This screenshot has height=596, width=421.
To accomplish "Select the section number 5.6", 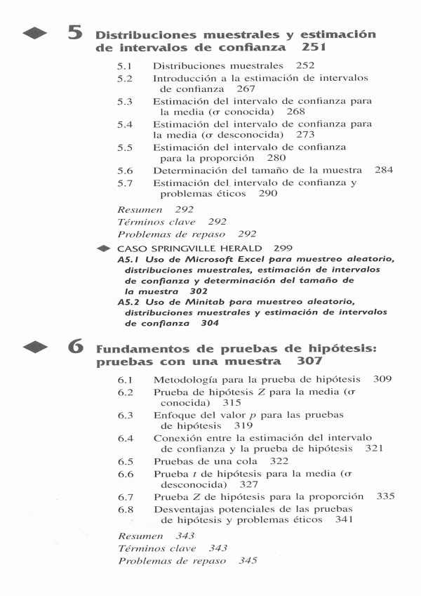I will (x=126, y=171).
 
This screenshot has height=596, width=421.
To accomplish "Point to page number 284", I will (x=384, y=171).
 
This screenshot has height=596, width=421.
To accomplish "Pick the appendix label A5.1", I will (x=130, y=260).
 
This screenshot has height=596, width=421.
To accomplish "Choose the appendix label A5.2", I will (x=130, y=301).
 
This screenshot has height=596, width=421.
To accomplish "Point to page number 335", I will (x=386, y=496).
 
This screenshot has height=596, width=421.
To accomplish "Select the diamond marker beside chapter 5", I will (x=37, y=33).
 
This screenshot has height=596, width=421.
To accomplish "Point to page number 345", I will (x=248, y=561).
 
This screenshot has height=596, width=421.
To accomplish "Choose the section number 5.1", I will (x=126, y=65).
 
